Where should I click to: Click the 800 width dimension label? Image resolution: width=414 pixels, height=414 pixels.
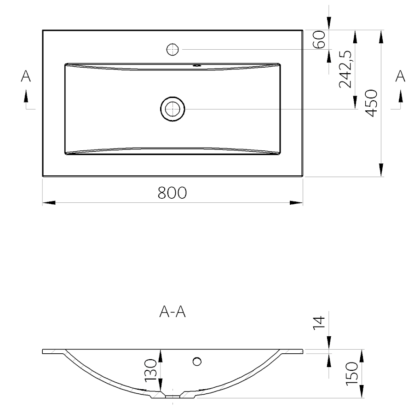point(172,193)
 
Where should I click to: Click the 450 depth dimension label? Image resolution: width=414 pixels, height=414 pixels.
point(371,103)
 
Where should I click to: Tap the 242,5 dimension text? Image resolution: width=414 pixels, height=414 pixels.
point(345,69)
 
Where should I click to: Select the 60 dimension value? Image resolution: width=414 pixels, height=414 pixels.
point(319,40)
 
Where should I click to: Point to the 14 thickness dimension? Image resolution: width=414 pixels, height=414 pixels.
point(319,322)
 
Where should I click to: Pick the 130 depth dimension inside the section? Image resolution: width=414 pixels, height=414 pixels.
point(151,370)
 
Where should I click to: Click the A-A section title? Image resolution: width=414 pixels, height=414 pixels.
point(172,312)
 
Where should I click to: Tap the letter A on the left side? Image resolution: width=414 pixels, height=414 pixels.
point(26,76)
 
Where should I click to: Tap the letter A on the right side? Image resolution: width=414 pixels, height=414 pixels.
point(400,76)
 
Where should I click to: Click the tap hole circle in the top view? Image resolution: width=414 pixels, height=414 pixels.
point(172,49)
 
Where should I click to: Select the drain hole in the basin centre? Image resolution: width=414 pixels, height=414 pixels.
point(172,109)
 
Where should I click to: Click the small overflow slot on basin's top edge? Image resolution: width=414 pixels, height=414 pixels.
point(197,65)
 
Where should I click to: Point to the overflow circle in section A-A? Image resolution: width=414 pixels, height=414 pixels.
point(197,361)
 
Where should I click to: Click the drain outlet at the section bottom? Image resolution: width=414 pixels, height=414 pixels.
point(172,397)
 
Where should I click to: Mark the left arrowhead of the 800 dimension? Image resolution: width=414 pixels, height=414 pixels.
point(49,203)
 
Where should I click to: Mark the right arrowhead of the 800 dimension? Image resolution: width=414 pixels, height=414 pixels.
point(296,203)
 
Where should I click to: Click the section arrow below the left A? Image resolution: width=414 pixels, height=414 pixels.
point(26,96)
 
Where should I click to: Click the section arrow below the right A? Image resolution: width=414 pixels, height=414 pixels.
point(401,96)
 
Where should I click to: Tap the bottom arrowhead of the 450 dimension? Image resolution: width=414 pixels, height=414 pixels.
point(381,170)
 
